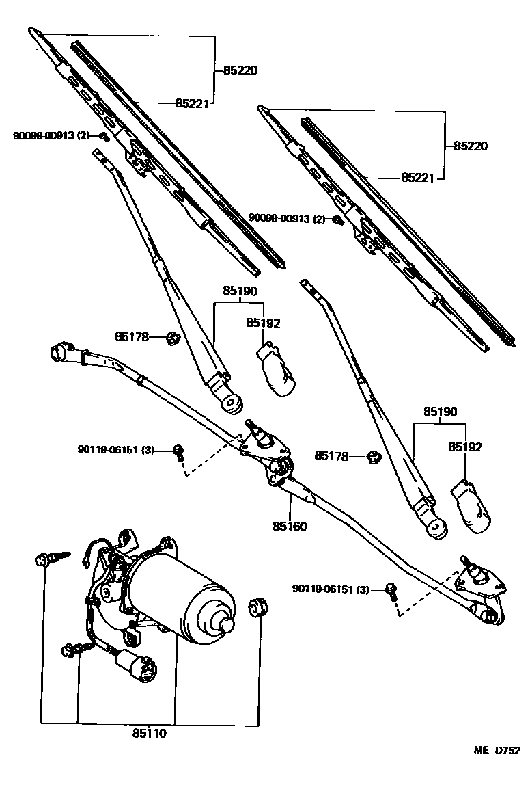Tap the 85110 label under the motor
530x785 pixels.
coord(149,734)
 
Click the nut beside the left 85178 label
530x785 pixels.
coord(173,336)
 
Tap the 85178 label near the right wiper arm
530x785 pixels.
coord(332,455)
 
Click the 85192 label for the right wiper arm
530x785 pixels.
coord(465,447)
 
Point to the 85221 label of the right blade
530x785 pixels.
coord(418,177)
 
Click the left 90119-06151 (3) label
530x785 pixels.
coord(116,450)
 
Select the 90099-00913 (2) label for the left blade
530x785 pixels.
coord(51,135)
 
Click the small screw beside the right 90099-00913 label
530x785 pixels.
coord(337,219)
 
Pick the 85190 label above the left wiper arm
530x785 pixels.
coord(239,291)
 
